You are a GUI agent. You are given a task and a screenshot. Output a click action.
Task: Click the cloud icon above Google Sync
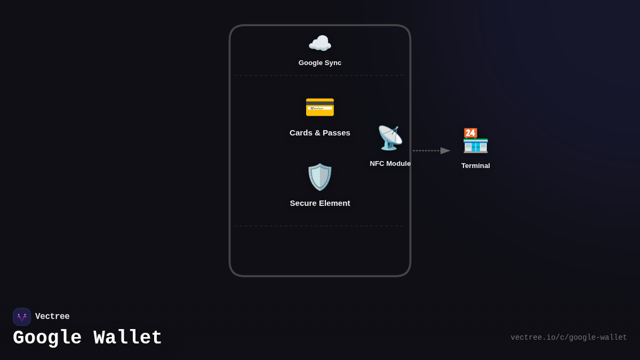pyautogui.click(x=320, y=43)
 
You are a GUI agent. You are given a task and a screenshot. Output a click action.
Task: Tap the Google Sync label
pyautogui.click(x=320, y=63)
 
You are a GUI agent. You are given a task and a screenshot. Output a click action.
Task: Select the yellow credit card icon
pyautogui.click(x=320, y=107)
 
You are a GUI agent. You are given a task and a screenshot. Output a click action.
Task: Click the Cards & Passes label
pyautogui.click(x=320, y=133)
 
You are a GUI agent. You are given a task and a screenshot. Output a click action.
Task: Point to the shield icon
pyautogui.click(x=320, y=177)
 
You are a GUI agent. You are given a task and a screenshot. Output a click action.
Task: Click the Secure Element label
pyautogui.click(x=320, y=203)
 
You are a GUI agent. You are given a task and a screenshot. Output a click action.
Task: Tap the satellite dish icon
pyautogui.click(x=390, y=138)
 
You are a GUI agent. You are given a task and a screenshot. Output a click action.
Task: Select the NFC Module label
pyautogui.click(x=390, y=164)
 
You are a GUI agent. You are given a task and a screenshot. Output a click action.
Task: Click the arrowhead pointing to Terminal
pyautogui.click(x=445, y=151)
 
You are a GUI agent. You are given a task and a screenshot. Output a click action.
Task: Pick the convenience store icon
pyautogui.click(x=475, y=141)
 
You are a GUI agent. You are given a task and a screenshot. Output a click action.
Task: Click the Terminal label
pyautogui.click(x=476, y=166)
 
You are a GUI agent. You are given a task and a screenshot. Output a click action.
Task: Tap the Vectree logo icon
pyautogui.click(x=22, y=317)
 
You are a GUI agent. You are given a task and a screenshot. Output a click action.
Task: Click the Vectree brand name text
pyautogui.click(x=52, y=317)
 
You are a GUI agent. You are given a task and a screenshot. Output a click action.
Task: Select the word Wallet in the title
pyautogui.click(x=128, y=338)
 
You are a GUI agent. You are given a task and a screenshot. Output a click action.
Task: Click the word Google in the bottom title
pyautogui.click(x=47, y=338)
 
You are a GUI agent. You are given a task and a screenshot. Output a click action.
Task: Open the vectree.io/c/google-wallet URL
pyautogui.click(x=569, y=338)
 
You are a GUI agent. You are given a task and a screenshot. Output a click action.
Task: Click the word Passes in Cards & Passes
pyautogui.click(x=337, y=133)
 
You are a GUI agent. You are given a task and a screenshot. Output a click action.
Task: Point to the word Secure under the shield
pyautogui.click(x=304, y=203)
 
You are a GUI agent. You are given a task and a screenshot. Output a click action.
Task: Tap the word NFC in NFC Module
pyautogui.click(x=378, y=164)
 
